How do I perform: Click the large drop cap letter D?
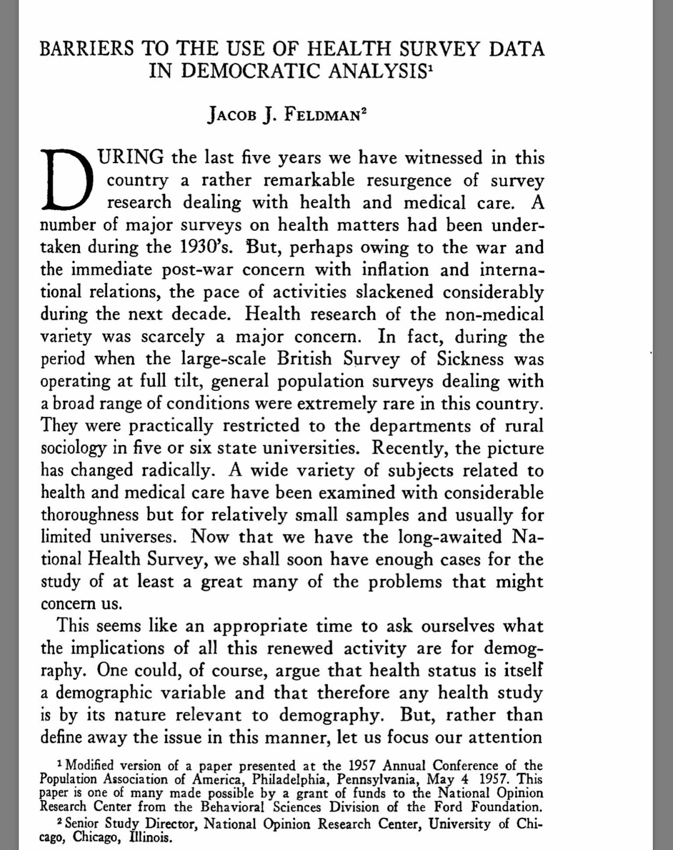click(66, 180)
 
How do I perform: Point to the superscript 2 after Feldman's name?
click(364, 112)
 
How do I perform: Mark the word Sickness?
click(470, 359)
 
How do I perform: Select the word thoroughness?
click(89, 515)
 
